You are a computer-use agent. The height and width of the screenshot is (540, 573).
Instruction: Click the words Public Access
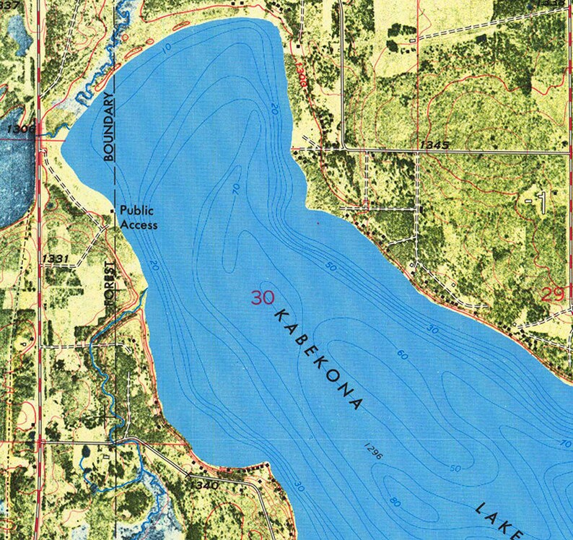coord(139,218)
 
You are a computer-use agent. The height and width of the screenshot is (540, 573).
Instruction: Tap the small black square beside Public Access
coord(112,211)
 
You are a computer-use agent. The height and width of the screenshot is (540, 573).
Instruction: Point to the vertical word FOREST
coord(110,284)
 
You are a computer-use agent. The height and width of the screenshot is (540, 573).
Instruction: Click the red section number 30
coord(263,297)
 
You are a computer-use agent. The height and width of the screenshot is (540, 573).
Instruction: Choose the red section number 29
coord(552,294)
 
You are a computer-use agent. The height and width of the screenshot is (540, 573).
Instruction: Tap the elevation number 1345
coord(434,145)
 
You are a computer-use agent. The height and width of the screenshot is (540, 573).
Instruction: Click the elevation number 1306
coord(19,129)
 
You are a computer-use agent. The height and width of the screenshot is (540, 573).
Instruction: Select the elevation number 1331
coord(56,258)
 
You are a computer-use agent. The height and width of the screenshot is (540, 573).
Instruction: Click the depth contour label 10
coord(167,48)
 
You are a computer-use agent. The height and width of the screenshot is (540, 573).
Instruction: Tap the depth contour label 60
coord(402,355)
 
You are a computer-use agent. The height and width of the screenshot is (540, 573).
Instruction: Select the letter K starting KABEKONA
coord(280,315)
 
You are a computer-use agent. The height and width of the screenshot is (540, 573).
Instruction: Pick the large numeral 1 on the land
coord(538,203)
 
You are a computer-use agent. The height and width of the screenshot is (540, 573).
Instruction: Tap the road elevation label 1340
coord(206,485)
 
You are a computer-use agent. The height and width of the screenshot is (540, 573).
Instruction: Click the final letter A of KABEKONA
coord(354,404)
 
